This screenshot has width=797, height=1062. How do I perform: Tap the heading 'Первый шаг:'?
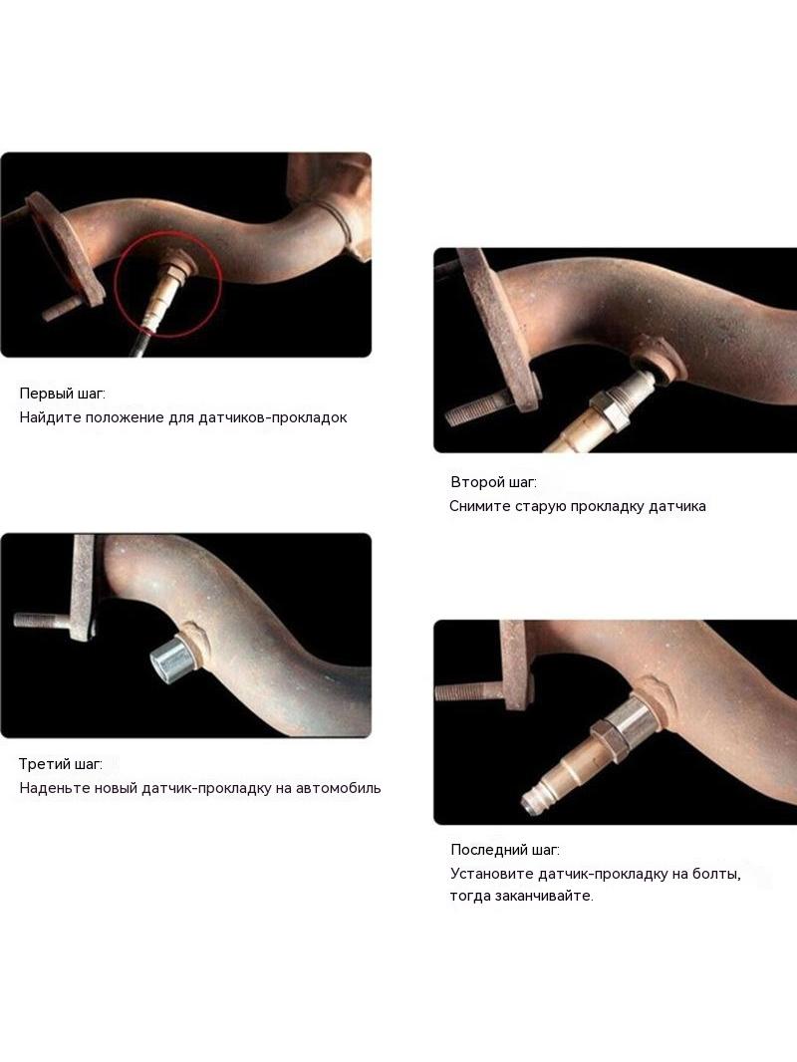(x=63, y=394)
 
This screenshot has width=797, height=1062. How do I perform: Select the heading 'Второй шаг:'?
(x=493, y=482)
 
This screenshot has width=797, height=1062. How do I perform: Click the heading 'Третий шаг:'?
(x=60, y=764)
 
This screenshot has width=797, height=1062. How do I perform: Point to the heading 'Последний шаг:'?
(x=505, y=850)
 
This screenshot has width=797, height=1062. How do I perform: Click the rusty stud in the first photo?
(x=66, y=308)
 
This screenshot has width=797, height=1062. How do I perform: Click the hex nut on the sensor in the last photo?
(x=606, y=739)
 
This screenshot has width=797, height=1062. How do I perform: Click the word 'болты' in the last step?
(x=716, y=874)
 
